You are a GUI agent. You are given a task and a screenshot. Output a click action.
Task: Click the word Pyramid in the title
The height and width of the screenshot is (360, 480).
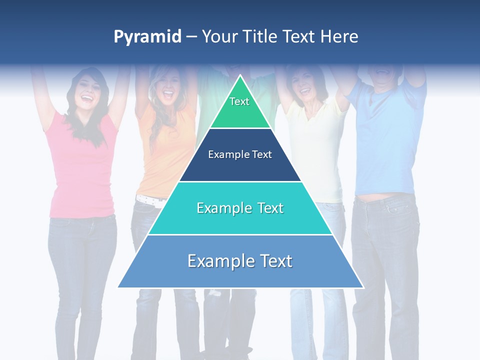coord(147,37)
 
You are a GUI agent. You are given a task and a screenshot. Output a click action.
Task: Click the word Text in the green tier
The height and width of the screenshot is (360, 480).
coord(239,101)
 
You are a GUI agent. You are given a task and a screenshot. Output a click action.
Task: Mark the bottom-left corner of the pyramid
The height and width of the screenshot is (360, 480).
coord(118,287)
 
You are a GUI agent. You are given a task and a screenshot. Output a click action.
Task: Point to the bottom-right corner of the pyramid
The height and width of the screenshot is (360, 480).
coord(363,287)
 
